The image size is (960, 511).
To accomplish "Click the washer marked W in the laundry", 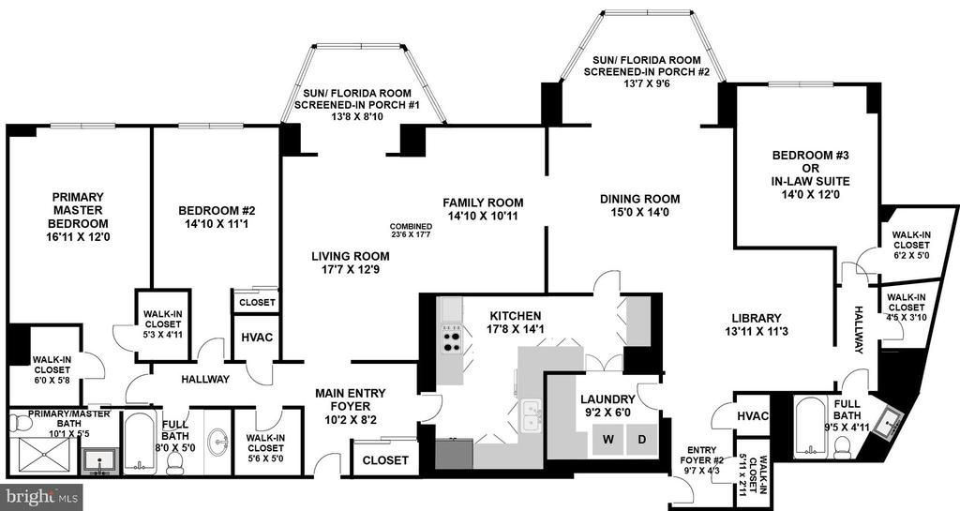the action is pyautogui.click(x=607, y=439).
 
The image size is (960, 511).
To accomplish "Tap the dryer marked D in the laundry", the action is pyautogui.click(x=642, y=439).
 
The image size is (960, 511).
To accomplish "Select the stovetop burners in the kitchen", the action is pyautogui.click(x=452, y=339).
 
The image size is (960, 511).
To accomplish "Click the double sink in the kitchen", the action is pyautogui.click(x=532, y=414).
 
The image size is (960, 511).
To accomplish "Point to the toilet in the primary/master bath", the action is pyautogui.click(x=23, y=423).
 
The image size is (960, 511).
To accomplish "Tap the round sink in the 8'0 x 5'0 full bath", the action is pyautogui.click(x=217, y=440).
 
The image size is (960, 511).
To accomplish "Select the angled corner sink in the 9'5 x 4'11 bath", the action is pyautogui.click(x=886, y=423).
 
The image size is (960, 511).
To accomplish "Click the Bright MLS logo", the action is pyautogui.click(x=41, y=497).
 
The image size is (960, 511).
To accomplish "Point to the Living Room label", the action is pyautogui.click(x=351, y=256).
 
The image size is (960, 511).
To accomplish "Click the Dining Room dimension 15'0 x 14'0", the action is pyautogui.click(x=639, y=212).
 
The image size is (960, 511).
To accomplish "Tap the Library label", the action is pyautogui.click(x=757, y=318).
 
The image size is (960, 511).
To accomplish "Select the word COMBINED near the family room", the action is pyautogui.click(x=411, y=226).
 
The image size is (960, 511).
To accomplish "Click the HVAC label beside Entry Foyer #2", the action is pyautogui.click(x=753, y=416).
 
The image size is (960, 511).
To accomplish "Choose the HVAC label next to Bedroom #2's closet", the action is pyautogui.click(x=257, y=338).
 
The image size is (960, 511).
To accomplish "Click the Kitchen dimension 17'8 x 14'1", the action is pyautogui.click(x=517, y=329).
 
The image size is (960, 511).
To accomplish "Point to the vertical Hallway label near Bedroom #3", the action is pyautogui.click(x=859, y=330).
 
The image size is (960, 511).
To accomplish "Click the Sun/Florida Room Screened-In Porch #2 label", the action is pyautogui.click(x=647, y=66).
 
